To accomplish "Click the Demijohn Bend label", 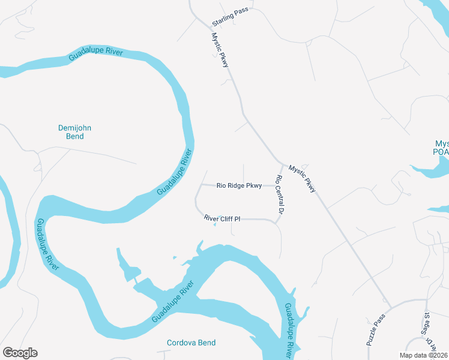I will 74,132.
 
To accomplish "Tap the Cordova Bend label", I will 191,343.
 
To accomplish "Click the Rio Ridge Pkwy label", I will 239,186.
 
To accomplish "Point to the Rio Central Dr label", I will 279,195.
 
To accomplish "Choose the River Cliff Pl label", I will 221,219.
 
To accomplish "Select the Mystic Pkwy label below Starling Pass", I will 220,49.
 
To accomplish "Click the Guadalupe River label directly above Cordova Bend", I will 175,301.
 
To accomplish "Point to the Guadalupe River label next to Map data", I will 290,331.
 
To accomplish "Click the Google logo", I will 20,353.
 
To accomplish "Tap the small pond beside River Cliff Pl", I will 215,225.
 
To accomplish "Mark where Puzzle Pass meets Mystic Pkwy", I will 390,308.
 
